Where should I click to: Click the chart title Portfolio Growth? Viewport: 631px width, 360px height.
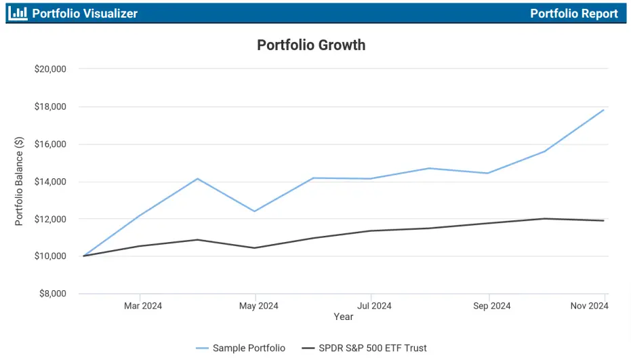[x=311, y=45]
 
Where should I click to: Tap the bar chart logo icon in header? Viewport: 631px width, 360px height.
[x=18, y=13]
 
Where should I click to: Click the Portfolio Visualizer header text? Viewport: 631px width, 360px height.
[x=85, y=14]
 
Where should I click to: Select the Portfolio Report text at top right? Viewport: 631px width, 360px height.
[x=573, y=14]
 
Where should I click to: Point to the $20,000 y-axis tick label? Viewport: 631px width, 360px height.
[x=49, y=69]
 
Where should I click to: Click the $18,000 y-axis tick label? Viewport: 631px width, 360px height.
[x=49, y=106]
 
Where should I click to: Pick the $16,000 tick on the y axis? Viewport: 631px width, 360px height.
[x=49, y=144]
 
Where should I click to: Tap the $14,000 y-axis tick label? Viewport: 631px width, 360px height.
[x=49, y=182]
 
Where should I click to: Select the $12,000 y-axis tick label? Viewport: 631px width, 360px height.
[x=49, y=219]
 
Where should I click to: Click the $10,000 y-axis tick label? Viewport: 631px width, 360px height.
[x=49, y=256]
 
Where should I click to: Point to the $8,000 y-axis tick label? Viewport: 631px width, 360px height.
[x=52, y=294]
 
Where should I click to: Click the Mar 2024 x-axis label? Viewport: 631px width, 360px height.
[x=142, y=306]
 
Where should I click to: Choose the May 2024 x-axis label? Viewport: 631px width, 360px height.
[x=259, y=306]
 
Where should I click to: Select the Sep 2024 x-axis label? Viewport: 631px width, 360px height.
[x=491, y=306]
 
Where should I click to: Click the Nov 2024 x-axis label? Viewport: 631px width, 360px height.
[x=589, y=306]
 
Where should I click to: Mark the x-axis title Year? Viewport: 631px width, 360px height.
[x=343, y=317]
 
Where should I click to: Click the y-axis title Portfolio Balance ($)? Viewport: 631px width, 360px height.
[x=20, y=181]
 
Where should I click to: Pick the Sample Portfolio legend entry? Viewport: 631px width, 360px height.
[x=241, y=348]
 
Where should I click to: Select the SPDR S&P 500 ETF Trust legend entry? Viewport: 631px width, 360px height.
[x=364, y=348]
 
